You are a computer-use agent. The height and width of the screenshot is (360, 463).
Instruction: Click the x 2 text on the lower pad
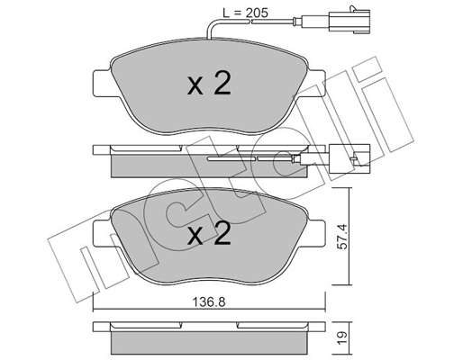(209, 236)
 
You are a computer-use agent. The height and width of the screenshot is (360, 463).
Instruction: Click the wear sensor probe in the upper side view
(261, 159)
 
